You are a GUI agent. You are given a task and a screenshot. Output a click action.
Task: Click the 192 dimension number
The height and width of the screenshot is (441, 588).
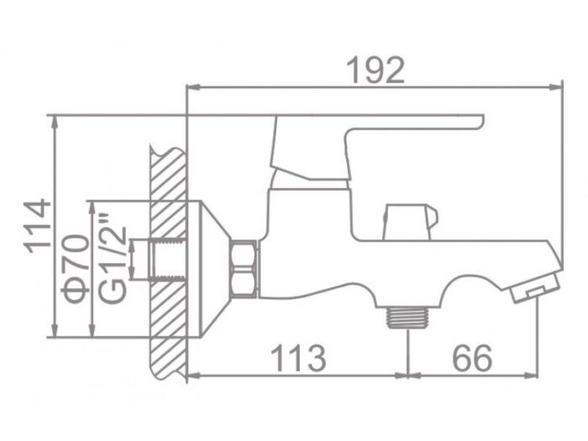click(375, 70)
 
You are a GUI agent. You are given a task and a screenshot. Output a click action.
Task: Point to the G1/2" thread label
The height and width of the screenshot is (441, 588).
click(112, 259)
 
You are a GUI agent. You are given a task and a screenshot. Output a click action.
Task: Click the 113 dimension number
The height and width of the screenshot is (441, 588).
click(298, 358)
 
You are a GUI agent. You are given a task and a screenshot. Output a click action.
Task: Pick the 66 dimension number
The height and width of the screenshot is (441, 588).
click(472, 358)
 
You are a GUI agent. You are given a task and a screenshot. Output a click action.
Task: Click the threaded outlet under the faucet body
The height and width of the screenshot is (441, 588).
click(407, 317)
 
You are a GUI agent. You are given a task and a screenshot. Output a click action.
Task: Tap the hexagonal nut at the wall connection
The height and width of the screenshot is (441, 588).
click(244, 270)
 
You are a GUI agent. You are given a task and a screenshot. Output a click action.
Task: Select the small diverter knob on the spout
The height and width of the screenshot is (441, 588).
click(410, 222)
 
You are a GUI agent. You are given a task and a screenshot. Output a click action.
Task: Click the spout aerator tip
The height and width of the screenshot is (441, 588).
click(536, 287)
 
